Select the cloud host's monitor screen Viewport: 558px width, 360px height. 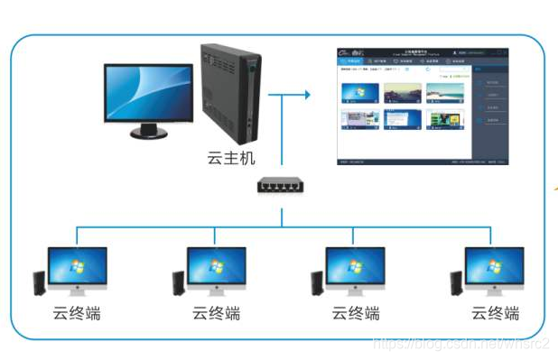(x=148, y=93)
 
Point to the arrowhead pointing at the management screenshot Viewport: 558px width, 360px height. (x=308, y=92)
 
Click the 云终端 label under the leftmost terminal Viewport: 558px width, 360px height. (x=76, y=314)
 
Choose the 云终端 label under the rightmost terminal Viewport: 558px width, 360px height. (x=495, y=314)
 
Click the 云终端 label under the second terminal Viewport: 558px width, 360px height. (x=216, y=314)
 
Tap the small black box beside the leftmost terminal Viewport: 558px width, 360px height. (x=39, y=282)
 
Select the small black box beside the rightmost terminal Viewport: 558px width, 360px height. (x=456, y=282)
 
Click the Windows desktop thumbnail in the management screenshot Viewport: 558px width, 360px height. (x=358, y=93)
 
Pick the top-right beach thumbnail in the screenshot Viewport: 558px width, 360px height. (x=445, y=93)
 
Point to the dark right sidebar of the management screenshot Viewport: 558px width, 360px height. (x=491, y=113)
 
